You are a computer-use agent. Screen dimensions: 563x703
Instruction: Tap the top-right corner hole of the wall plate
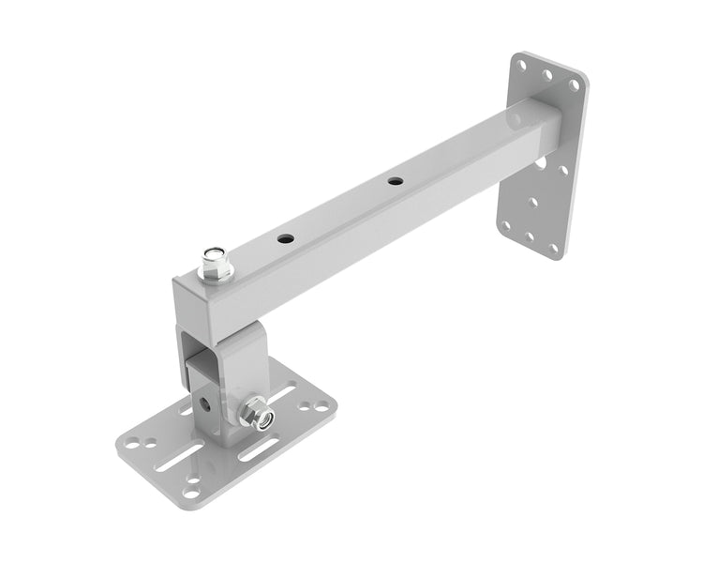[x=573, y=84]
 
